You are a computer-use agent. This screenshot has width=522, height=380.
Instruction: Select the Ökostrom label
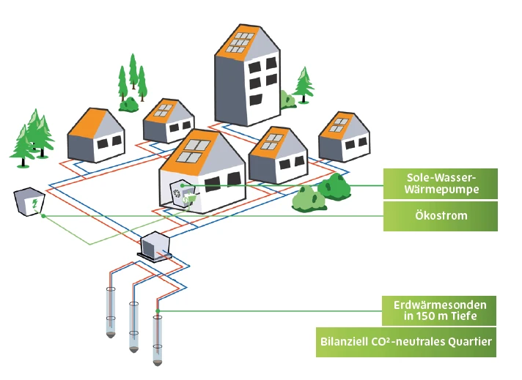(440, 217)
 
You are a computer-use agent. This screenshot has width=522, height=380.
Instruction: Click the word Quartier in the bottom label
(466, 341)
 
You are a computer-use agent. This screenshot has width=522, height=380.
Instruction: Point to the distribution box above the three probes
(155, 246)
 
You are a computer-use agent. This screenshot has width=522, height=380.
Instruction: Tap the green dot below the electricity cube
(44, 216)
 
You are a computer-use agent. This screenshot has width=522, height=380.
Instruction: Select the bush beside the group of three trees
(130, 103)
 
